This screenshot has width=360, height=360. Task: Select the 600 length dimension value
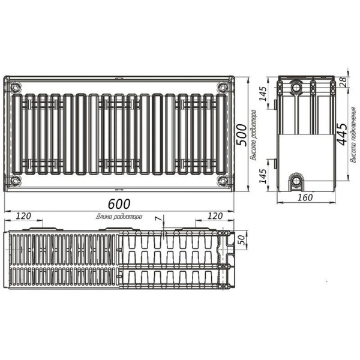tap(119, 203)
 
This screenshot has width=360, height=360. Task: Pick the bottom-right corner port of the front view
tap(223, 179)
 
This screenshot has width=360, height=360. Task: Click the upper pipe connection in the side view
tap(297, 89)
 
